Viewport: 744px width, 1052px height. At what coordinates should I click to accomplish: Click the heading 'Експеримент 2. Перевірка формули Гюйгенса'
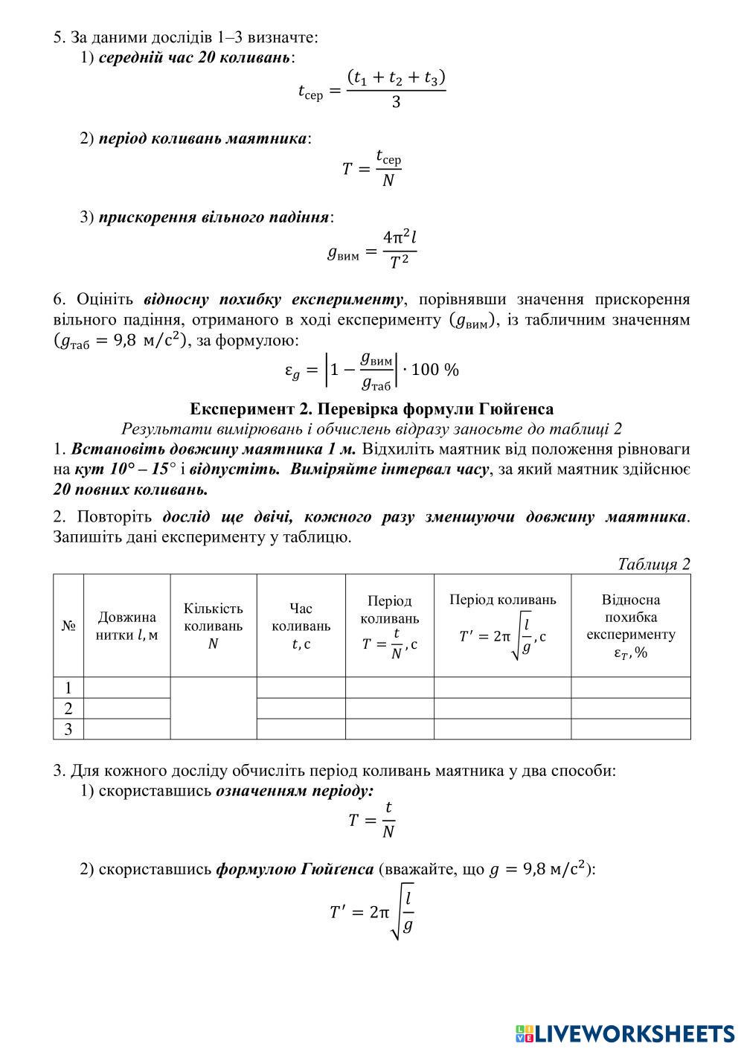coord(371,409)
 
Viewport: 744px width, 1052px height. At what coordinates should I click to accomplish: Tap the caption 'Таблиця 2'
coord(653,564)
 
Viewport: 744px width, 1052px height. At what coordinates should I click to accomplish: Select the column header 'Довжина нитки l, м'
coord(126,626)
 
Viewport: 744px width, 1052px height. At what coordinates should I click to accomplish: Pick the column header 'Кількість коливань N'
coord(214,626)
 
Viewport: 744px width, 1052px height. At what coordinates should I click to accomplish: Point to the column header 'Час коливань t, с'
coord(301,626)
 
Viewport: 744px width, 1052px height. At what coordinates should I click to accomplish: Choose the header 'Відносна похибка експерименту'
coord(630,626)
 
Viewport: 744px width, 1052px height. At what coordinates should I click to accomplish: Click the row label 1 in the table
coord(68,687)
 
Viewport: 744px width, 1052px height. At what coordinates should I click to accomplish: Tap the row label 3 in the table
coord(68,729)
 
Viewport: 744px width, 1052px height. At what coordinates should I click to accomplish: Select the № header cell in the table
coord(68,626)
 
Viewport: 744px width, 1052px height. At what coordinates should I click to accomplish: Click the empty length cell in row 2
coord(126,708)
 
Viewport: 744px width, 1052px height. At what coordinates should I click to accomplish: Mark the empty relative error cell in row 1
coord(630,687)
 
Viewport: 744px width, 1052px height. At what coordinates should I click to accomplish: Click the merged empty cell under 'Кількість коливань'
coord(214,708)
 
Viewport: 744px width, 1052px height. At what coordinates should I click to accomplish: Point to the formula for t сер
coord(371,89)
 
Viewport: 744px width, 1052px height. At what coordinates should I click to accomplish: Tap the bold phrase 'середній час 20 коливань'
coord(194,57)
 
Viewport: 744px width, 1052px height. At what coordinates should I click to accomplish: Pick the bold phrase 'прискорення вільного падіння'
coord(214,217)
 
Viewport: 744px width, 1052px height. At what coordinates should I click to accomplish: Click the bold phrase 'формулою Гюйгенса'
coord(295,869)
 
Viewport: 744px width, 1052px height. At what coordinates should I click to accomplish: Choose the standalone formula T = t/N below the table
coord(371,820)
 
